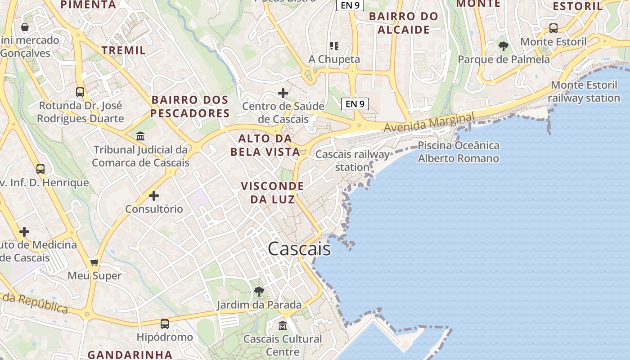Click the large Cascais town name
coord(299,249)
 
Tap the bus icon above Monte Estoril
coord(553,28)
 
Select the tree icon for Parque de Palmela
coord(504,46)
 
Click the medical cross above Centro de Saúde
coord(283,93)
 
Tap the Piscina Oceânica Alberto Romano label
coord(459,152)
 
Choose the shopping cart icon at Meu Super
coord(94,262)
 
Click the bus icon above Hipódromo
coord(165,324)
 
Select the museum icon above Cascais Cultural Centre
coord(283,325)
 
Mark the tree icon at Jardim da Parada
coord(259,292)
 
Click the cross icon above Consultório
coord(154,196)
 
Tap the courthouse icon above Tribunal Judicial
coord(140,136)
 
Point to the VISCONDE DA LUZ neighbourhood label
coord(272,192)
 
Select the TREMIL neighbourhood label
coord(124,50)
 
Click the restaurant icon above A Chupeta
coord(334,45)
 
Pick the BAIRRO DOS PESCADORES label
coord(190,106)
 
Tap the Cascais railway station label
coord(352,161)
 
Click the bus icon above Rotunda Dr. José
coord(80,92)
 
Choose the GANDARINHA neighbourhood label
coord(130,355)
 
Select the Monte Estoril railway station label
coord(584,91)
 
